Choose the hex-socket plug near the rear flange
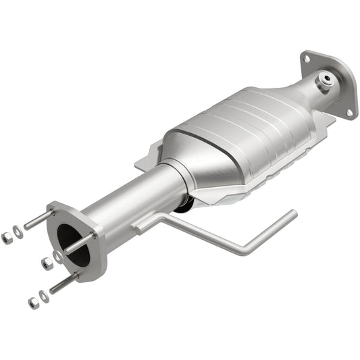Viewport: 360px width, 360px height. pos(326,81)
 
